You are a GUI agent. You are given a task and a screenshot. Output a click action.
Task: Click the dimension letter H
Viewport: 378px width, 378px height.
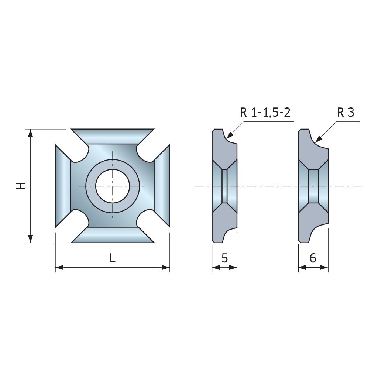(x=21, y=186)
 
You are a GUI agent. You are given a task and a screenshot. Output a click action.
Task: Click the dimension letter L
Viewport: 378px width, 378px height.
(x=112, y=258)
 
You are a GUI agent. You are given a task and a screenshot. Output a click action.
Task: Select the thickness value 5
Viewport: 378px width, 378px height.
(x=224, y=258)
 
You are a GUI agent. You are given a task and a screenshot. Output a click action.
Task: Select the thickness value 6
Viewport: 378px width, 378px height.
(x=313, y=258)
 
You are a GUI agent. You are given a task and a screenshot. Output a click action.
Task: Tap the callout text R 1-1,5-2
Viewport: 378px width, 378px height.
(x=265, y=112)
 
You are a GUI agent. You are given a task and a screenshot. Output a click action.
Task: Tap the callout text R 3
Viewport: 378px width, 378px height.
(x=346, y=112)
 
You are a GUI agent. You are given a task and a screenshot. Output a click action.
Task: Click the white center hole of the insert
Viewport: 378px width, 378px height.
(x=113, y=186)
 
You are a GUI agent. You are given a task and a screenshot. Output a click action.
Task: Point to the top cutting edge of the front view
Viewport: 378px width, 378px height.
(x=113, y=137)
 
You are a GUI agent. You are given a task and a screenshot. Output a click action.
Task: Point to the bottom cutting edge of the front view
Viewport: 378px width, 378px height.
(x=113, y=235)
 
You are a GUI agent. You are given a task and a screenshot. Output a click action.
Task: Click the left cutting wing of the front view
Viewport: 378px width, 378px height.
(x=63, y=186)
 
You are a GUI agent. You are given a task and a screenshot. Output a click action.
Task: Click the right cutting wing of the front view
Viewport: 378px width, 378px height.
(x=162, y=186)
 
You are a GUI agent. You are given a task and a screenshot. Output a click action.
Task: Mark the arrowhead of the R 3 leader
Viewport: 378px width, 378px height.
(x=319, y=139)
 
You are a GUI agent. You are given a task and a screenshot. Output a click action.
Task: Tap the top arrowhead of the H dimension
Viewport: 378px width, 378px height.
(x=30, y=133)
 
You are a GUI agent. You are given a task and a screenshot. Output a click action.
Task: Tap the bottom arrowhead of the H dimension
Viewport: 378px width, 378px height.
(x=30, y=239)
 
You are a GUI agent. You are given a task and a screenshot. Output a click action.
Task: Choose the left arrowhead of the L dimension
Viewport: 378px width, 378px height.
(x=59, y=267)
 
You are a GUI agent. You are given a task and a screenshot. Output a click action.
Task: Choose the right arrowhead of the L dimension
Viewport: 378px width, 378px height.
(x=166, y=267)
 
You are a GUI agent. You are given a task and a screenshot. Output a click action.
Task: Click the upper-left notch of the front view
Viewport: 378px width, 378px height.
(x=80, y=153)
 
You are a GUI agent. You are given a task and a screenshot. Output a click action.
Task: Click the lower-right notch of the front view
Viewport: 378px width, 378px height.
(x=145, y=219)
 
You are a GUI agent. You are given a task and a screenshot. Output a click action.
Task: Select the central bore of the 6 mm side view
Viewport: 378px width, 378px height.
(x=313, y=186)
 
